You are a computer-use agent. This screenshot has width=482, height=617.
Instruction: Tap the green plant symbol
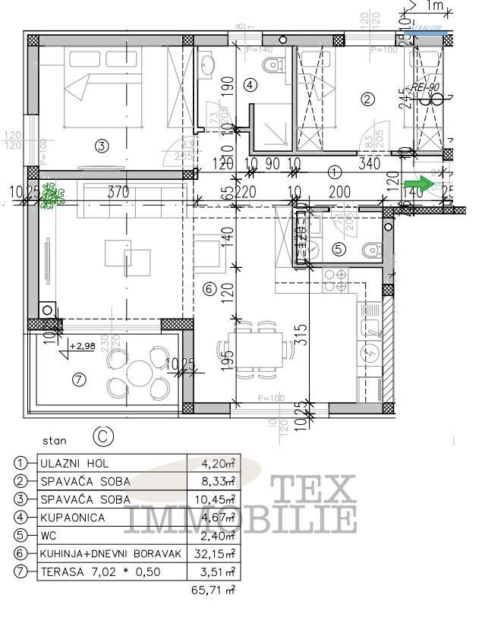(x=51, y=196)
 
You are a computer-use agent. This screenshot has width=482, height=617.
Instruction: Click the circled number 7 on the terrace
(x=79, y=380)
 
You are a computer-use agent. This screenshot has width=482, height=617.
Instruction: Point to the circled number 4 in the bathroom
(x=249, y=86)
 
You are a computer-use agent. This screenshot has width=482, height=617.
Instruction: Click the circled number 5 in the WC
(x=338, y=248)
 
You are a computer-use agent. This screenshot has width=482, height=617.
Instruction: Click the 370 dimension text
(x=118, y=193)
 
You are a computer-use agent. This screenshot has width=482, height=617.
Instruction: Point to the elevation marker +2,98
(x=82, y=346)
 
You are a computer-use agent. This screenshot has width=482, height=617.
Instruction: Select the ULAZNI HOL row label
(x=74, y=463)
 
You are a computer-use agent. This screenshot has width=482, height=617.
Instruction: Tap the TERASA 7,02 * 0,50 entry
(x=100, y=572)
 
